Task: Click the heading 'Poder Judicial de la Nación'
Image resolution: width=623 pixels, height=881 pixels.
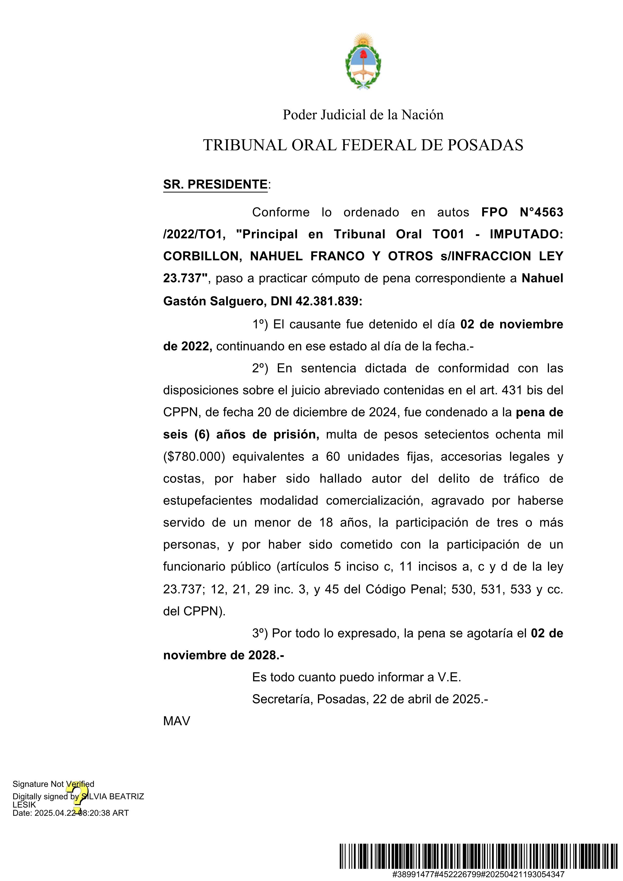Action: pos(363,115)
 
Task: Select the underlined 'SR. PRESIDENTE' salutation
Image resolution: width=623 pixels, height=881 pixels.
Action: pos(215,185)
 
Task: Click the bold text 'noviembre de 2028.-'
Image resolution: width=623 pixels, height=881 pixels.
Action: pos(224,655)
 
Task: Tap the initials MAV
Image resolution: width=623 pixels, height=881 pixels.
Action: pos(177,721)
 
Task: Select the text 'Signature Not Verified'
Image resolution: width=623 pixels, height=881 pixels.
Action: pos(53,784)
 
